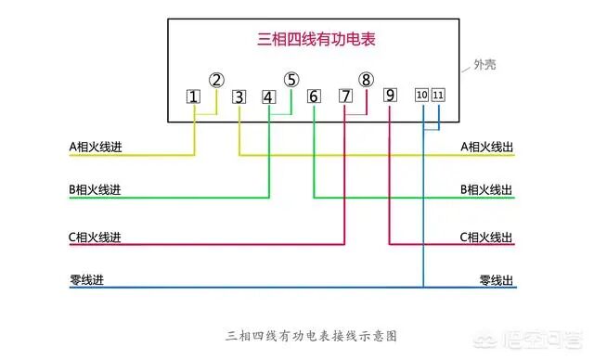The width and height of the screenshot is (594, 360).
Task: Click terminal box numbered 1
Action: tap(193, 96)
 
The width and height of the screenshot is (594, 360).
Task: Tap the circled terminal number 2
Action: tap(216, 81)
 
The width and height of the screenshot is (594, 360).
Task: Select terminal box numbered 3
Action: tap(239, 96)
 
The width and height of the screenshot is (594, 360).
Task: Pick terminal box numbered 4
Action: tap(268, 96)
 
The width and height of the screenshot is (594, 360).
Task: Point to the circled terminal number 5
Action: tap(291, 81)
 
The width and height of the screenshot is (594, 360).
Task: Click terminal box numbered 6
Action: tap(314, 96)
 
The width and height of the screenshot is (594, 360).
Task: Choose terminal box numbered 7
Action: tap(344, 96)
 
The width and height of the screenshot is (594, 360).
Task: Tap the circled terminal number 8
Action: tap(367, 81)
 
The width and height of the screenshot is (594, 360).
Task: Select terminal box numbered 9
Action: tap(389, 96)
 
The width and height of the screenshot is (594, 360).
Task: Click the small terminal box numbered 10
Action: tap(421, 96)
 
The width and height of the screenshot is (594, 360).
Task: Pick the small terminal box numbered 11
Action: tap(438, 96)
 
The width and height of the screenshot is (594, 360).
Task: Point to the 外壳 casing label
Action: tap(484, 66)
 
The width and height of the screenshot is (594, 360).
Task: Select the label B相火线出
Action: tap(486, 190)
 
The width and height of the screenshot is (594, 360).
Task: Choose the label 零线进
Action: tap(88, 279)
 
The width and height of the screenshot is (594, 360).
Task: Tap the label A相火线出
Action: tap(486, 147)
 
